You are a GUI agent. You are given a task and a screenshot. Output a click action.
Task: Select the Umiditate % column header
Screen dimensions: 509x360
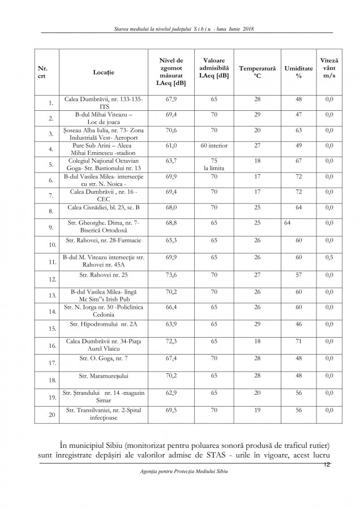coord(299,72)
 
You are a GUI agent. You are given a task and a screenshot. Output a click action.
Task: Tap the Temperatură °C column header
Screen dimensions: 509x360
coord(257,72)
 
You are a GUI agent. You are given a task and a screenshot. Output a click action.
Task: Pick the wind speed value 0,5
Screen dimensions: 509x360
coord(329,259)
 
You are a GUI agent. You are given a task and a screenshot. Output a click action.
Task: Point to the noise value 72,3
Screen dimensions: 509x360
coord(171,342)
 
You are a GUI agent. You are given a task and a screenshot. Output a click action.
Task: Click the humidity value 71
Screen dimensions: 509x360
coord(298,342)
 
